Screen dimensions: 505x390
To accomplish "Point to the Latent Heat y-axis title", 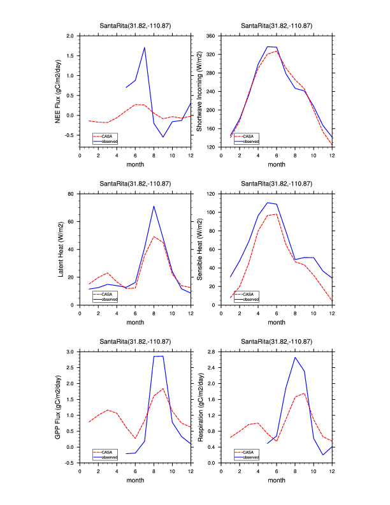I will [62, 249].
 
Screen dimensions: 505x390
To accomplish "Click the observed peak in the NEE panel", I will [145, 47].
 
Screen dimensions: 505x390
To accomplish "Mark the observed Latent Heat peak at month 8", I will [154, 206].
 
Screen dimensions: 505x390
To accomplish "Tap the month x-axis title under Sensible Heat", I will [277, 322].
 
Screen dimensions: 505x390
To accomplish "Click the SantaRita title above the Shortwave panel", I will [277, 26].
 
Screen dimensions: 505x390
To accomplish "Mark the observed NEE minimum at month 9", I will [163, 137].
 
